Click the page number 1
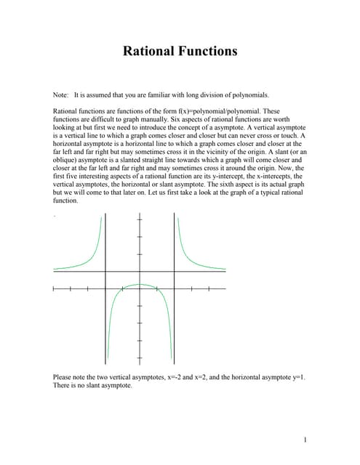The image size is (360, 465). (x=306, y=439)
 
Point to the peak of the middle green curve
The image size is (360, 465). (x=140, y=284)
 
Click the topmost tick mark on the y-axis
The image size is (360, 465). (x=140, y=220)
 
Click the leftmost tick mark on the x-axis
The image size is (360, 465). (x=53, y=290)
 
